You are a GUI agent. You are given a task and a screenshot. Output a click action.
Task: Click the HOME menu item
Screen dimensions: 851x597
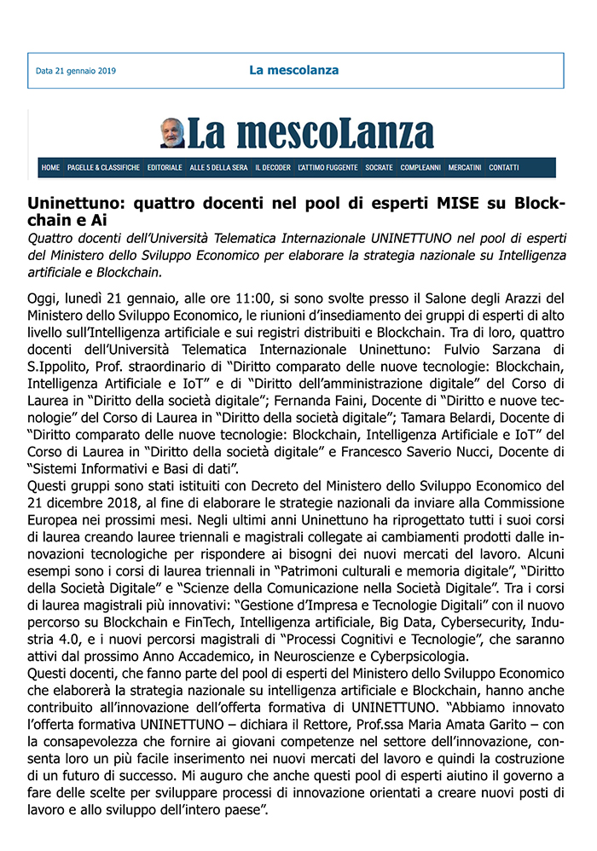(50, 168)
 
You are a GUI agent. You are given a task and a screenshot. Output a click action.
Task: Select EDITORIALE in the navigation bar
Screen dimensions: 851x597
(165, 168)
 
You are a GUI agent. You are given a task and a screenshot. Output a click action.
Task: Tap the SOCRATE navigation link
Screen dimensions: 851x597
(379, 168)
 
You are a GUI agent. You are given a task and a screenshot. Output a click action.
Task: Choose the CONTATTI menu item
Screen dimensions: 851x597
(504, 168)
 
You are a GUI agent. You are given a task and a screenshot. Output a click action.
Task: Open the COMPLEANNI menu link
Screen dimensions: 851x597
(420, 168)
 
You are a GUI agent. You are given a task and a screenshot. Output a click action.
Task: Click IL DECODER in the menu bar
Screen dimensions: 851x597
(273, 168)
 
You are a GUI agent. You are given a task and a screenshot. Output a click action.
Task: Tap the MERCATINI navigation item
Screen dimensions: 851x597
(465, 168)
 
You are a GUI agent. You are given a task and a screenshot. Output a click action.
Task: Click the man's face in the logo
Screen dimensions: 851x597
(173, 132)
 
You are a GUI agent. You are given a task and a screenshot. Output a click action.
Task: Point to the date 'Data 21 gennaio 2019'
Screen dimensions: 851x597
(76, 71)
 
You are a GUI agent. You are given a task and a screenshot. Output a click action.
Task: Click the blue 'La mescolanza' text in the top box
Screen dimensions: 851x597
(294, 70)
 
